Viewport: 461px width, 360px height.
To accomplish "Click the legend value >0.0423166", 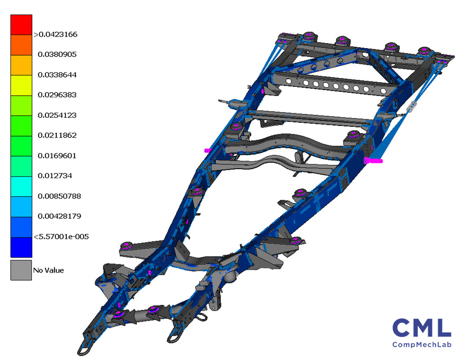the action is tap(55, 34).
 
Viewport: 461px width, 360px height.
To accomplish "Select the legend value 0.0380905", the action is tap(57, 54).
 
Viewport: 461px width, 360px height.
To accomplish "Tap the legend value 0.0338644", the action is tap(57, 75).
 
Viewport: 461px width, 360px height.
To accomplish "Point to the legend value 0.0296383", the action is tap(57, 95).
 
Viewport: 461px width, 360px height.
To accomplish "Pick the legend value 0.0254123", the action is tap(57, 115).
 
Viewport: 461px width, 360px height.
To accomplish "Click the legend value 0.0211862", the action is tap(57, 135).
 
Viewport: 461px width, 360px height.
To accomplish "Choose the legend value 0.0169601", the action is tap(57, 155).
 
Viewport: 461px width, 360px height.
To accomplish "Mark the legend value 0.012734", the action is tap(55, 176).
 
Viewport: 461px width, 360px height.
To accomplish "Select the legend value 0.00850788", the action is tap(59, 196).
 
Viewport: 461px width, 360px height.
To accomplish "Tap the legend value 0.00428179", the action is tap(59, 216).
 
